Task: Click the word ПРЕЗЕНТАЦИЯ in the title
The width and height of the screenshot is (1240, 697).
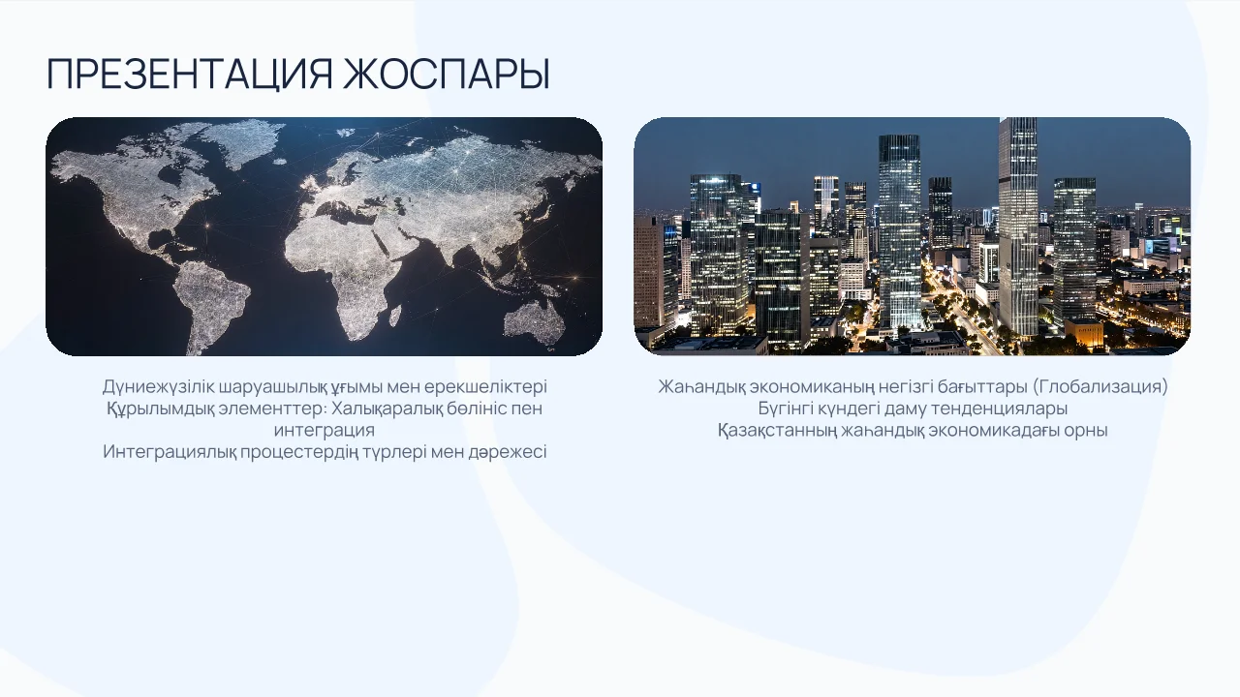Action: click(189, 74)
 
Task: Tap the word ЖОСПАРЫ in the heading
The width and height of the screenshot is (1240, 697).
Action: click(447, 74)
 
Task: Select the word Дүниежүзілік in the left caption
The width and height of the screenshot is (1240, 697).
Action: click(158, 386)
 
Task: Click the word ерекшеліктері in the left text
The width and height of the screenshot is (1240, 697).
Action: click(485, 386)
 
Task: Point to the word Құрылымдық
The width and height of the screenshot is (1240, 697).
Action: click(160, 409)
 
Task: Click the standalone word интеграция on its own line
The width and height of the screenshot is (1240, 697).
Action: click(325, 431)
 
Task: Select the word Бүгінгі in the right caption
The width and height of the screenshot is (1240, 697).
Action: click(785, 409)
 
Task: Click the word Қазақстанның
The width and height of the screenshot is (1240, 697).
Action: click(777, 431)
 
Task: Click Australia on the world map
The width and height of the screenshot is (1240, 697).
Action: click(534, 322)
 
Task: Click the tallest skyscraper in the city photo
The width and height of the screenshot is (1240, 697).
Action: click(1018, 227)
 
